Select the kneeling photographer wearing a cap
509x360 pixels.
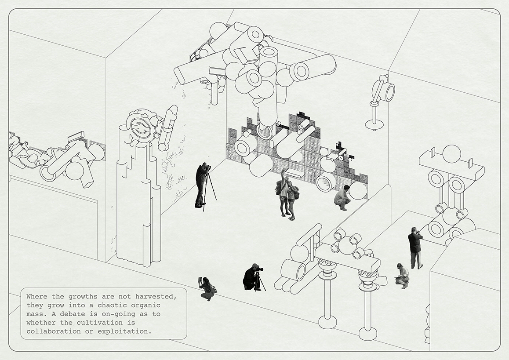click(251, 277)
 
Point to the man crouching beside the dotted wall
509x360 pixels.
click(342, 198)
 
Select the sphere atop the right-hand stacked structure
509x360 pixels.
click(451, 154)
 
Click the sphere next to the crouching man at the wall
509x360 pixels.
click(358, 191)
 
